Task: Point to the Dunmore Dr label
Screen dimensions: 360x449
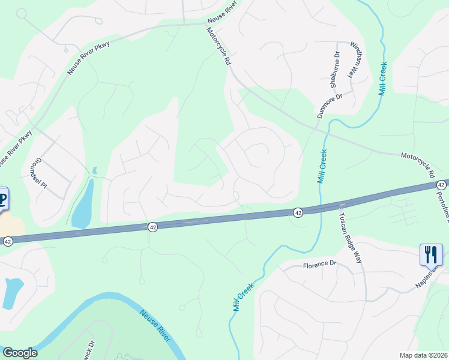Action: pyautogui.click(x=329, y=105)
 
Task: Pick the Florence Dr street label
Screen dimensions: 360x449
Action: pyautogui.click(x=319, y=264)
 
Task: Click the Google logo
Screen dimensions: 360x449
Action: pyautogui.click(x=19, y=353)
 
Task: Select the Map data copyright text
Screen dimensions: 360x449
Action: pyautogui.click(x=423, y=355)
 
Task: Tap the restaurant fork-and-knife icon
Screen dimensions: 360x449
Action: pyautogui.click(x=430, y=254)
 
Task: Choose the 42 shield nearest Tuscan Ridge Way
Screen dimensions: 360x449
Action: pyautogui.click(x=298, y=212)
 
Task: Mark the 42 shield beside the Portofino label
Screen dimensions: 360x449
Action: pyautogui.click(x=441, y=184)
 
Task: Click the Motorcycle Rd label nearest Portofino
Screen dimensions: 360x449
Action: pyautogui.click(x=418, y=164)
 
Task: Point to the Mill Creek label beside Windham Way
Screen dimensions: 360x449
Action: pyautogui.click(x=382, y=79)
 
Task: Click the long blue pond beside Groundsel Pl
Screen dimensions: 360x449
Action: pyautogui.click(x=83, y=204)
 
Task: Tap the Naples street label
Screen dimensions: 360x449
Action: pyautogui.click(x=427, y=279)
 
